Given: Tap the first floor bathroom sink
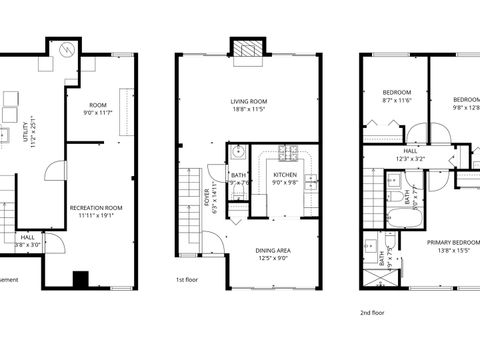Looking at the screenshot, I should [237, 155].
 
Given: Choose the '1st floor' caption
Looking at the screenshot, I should [187, 281].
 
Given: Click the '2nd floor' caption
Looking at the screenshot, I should [371, 311].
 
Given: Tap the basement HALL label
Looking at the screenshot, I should [27, 237].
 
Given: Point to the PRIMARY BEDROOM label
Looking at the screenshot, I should [452, 242].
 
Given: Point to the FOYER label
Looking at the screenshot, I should [208, 203].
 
